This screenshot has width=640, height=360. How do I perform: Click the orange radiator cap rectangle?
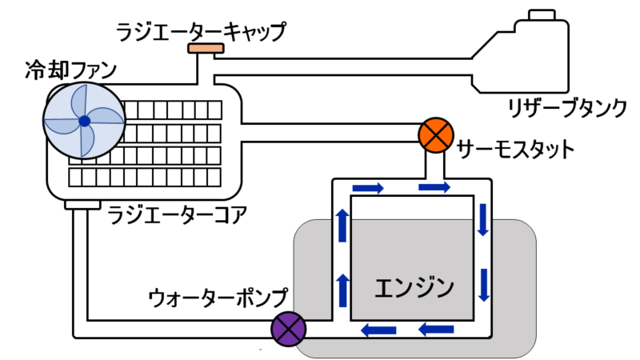coord(206,50)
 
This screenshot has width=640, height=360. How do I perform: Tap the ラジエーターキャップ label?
coord(201,31)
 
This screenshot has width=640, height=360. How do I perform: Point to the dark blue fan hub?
coord(83,122)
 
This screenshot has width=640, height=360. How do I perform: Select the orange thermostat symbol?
coord(436,135)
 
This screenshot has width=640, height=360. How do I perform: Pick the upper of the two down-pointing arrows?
coord(482,219)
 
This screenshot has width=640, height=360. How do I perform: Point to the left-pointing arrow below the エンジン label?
coord(436,328)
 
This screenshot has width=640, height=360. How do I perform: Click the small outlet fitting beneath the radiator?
coord(79,206)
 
